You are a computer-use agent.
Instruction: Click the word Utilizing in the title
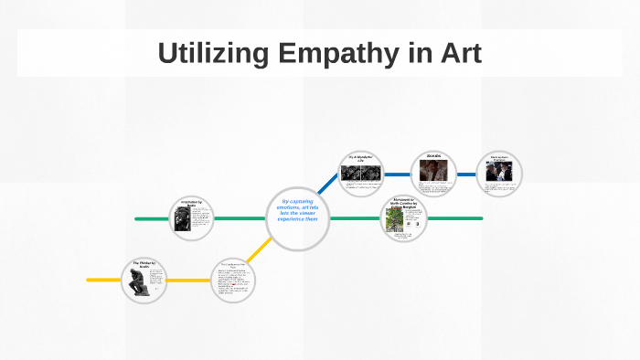(x=210, y=52)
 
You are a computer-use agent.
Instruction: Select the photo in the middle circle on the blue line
(x=432, y=172)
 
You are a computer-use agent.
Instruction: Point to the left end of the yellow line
(x=90, y=279)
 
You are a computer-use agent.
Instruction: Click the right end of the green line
(x=480, y=218)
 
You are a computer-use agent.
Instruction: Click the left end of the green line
(x=137, y=218)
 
